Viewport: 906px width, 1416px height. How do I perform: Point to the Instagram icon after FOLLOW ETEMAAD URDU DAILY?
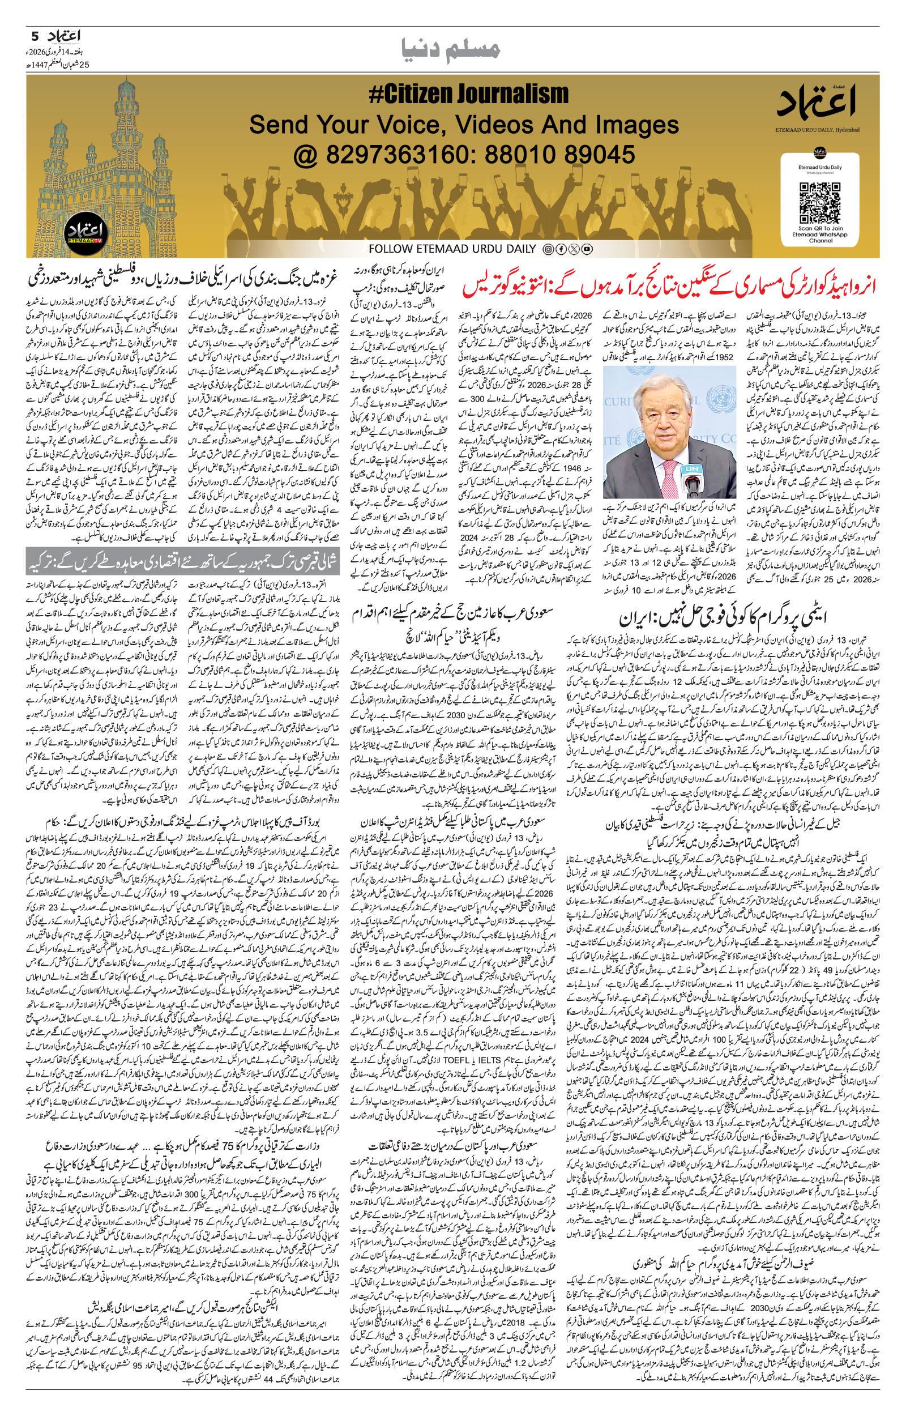pyautogui.click(x=548, y=249)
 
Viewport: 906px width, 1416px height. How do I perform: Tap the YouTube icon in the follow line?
pyautogui.click(x=587, y=249)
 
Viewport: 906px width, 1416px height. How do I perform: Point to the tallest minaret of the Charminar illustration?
pyautogui.click(x=123, y=106)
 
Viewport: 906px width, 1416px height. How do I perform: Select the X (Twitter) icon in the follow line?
pyautogui.click(x=574, y=249)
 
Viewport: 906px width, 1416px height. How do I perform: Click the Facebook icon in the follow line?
pyautogui.click(x=561, y=249)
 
